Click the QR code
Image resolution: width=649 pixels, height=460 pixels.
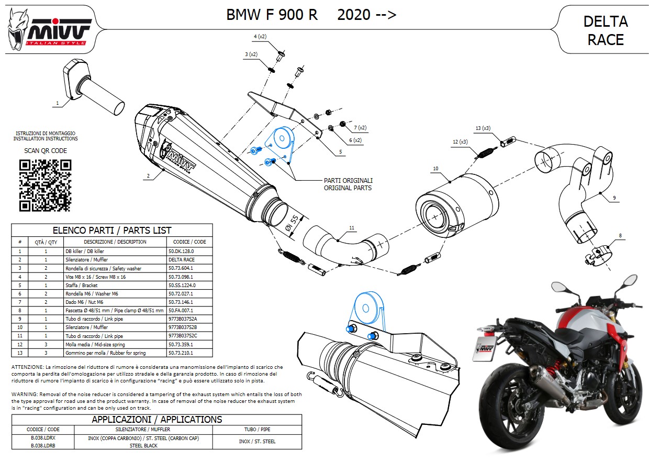45,185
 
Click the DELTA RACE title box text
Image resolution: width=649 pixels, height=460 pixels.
605,30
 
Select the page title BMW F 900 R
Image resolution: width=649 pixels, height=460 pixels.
272,15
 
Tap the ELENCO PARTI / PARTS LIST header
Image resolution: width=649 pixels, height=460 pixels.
112,231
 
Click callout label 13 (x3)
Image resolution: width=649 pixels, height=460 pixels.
482,128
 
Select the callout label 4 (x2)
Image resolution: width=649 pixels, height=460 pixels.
260,36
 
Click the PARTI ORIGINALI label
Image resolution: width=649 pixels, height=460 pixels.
348,181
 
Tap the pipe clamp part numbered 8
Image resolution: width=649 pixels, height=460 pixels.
597,255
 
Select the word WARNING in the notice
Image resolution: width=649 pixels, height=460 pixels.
24,394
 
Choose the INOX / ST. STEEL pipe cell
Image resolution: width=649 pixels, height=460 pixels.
257,442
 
